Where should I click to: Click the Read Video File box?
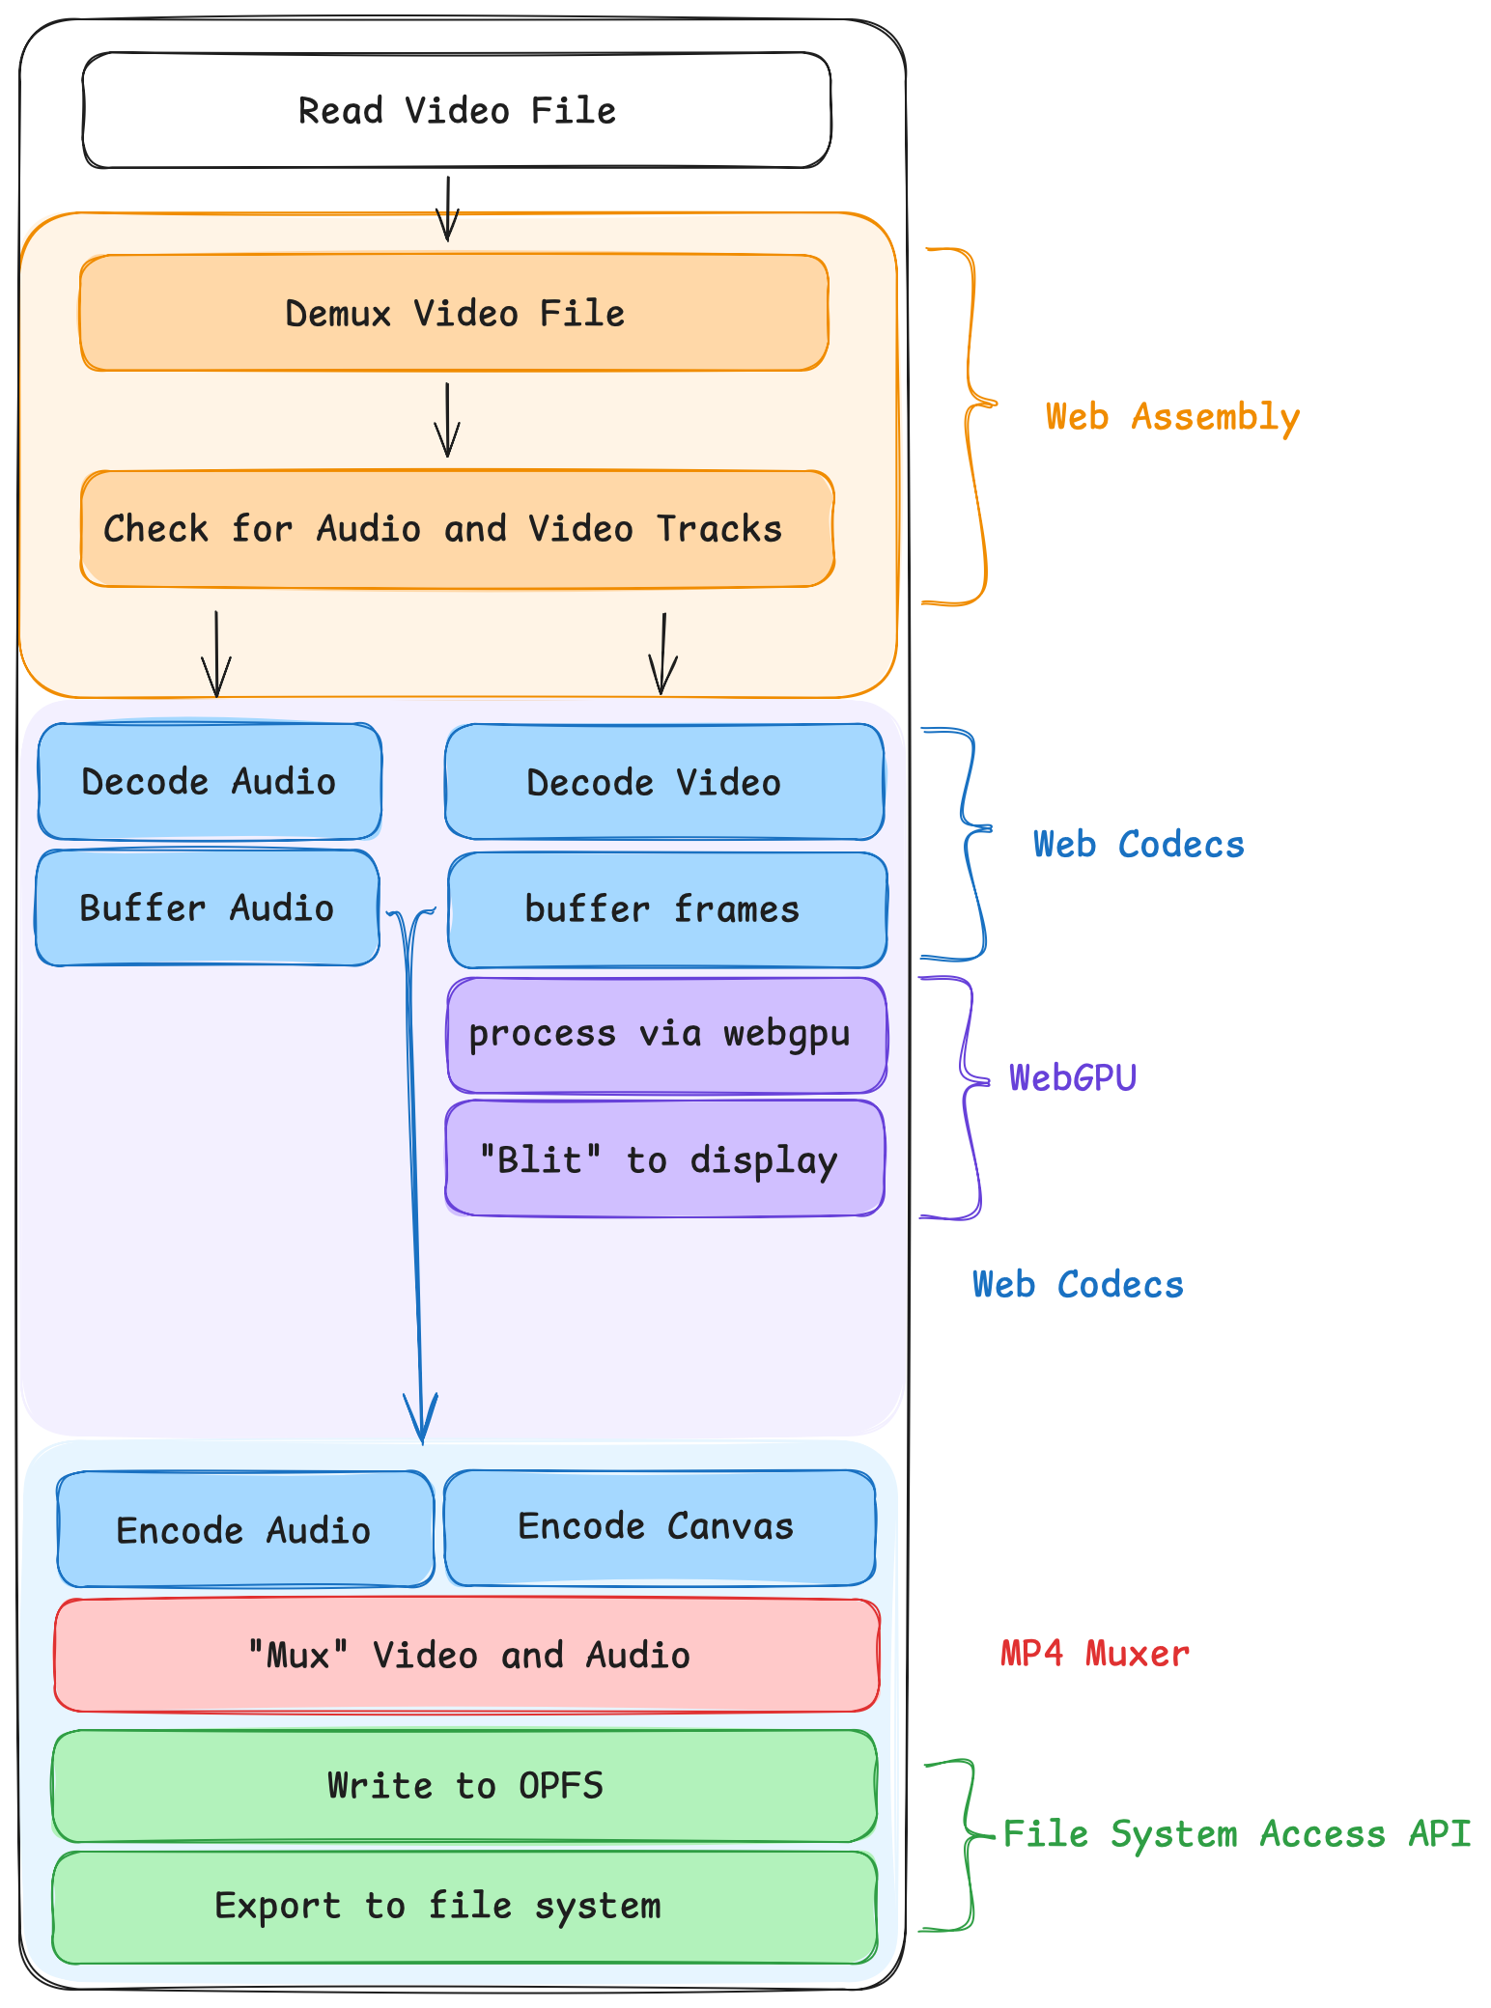[x=457, y=110]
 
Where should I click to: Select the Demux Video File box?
[x=455, y=313]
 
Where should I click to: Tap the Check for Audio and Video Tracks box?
[x=457, y=529]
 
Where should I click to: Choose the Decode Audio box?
[x=210, y=781]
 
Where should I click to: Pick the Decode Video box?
[x=664, y=782]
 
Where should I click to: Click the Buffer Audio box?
[x=208, y=907]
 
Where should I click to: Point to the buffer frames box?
[x=667, y=909]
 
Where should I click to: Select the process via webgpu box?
[x=666, y=1034]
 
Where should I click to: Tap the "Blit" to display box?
[x=664, y=1158]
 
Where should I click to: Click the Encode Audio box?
[x=245, y=1529]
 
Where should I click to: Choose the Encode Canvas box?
[x=660, y=1527]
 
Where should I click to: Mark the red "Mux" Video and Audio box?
[x=467, y=1655]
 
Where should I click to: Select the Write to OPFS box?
[x=464, y=1786]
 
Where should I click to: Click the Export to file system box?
[x=464, y=1907]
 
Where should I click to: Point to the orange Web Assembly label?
[x=1172, y=417]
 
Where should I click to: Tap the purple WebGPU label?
[x=1073, y=1077]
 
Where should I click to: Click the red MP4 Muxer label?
[x=1094, y=1654]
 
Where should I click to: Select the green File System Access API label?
[x=1237, y=1833]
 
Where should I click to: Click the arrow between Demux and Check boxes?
[x=447, y=420]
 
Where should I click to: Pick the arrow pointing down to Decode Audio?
[x=216, y=654]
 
